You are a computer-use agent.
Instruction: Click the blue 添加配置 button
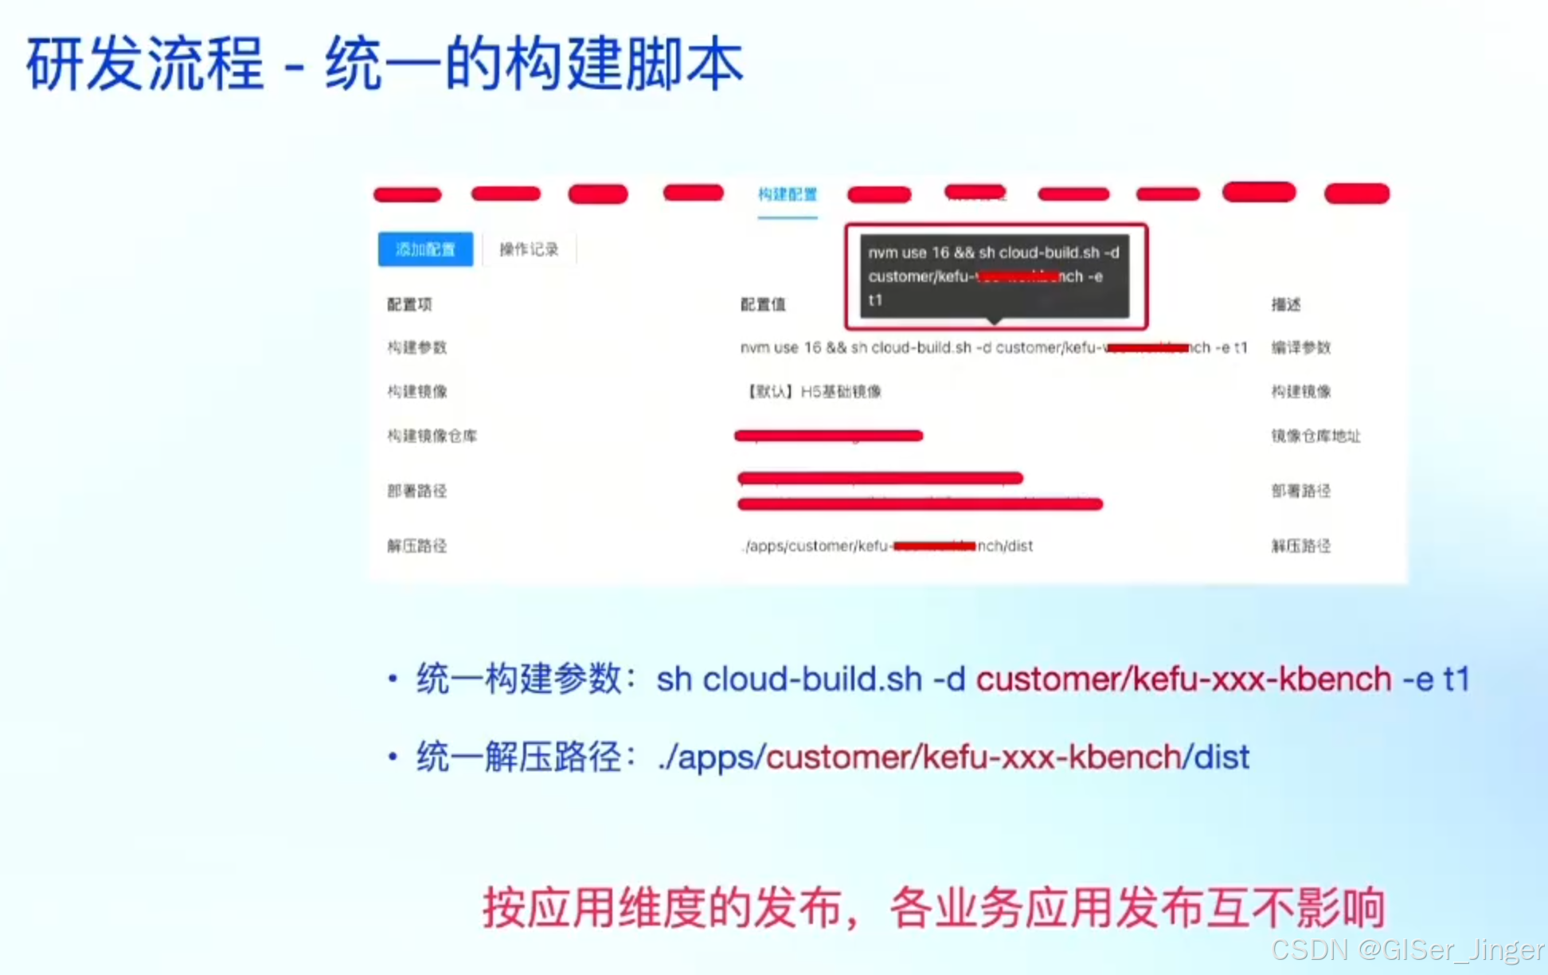click(x=425, y=249)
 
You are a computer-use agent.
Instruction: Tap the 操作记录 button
click(x=529, y=249)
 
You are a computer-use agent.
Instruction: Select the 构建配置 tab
click(x=787, y=194)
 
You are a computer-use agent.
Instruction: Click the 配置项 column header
click(x=409, y=304)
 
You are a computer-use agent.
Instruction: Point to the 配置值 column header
click(x=763, y=304)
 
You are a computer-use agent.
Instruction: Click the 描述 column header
click(x=1286, y=304)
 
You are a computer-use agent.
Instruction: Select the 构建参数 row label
click(x=416, y=347)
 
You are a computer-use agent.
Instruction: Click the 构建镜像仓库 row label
click(x=432, y=436)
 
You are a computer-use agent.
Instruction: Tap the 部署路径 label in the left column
click(x=416, y=491)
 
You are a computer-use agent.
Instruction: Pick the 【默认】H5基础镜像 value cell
click(x=813, y=391)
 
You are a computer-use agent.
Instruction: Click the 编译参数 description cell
click(x=1300, y=347)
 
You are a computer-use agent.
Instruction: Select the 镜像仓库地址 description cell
click(x=1315, y=436)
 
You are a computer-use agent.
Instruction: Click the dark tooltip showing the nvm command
click(x=994, y=276)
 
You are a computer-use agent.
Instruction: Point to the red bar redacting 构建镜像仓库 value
click(x=828, y=436)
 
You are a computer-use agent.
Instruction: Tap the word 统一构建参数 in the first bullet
click(x=518, y=679)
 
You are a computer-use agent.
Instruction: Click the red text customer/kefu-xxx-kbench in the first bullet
click(x=1183, y=679)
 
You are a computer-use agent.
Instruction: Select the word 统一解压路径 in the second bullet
click(x=518, y=757)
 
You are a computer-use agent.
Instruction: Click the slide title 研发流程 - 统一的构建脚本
click(x=385, y=64)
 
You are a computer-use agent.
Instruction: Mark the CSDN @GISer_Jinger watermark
click(x=1406, y=950)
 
